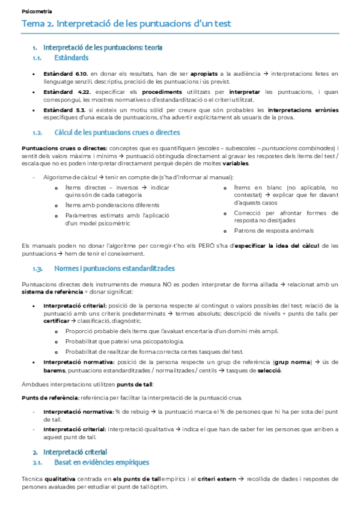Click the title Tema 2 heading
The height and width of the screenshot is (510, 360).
(126, 24)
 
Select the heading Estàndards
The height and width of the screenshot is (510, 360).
(72, 58)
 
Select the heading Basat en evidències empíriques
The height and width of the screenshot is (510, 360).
(102, 462)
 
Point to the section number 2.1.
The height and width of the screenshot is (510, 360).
(37, 462)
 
